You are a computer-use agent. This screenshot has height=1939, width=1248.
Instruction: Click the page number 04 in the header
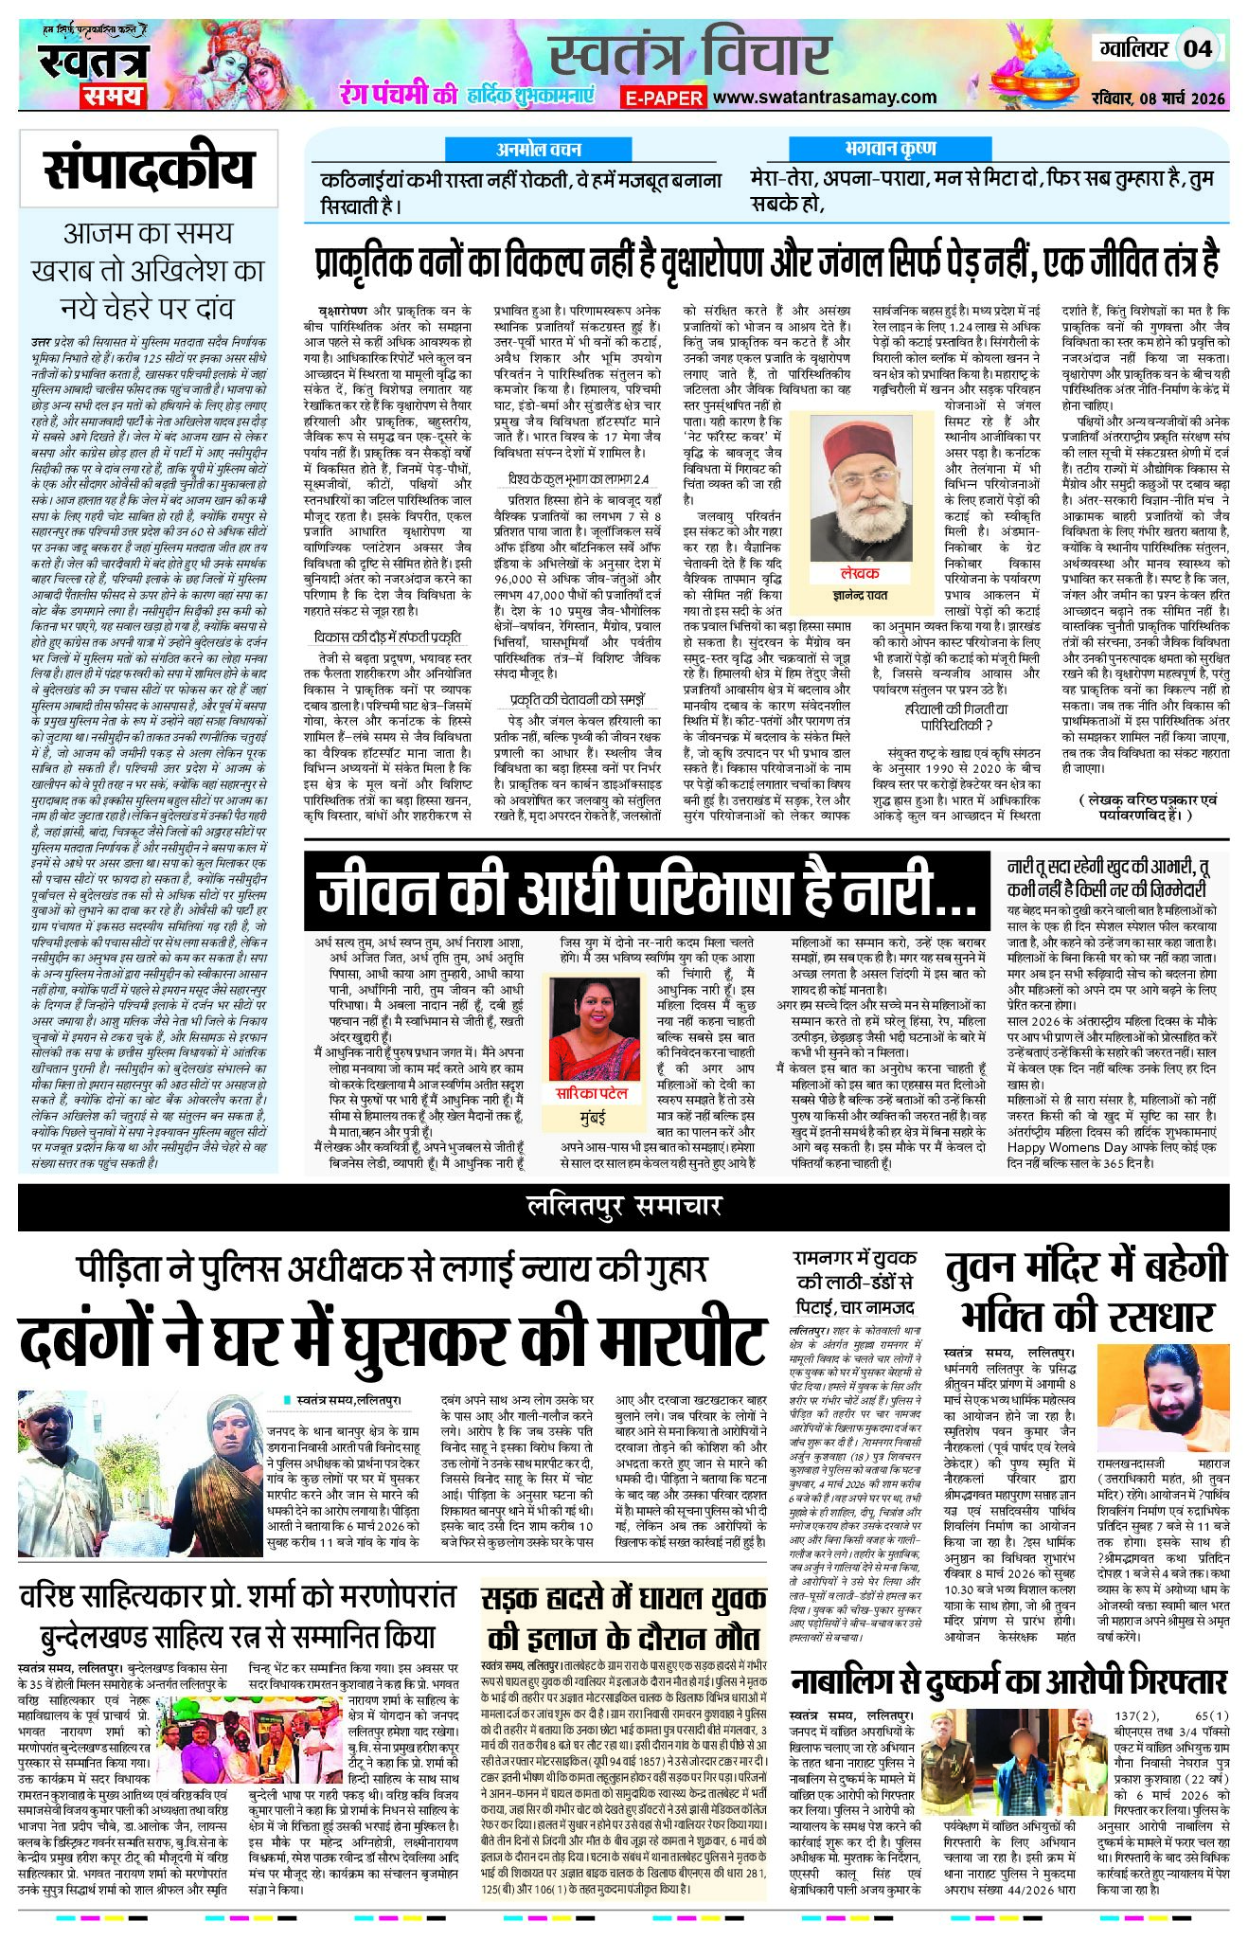pos(1197,48)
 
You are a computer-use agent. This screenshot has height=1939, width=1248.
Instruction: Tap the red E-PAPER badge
pos(664,98)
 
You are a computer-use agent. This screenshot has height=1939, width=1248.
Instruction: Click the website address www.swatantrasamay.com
pos(824,97)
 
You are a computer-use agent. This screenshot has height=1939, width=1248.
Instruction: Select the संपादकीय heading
pos(149,170)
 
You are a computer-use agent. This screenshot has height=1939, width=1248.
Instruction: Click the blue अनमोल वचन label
pos(539,150)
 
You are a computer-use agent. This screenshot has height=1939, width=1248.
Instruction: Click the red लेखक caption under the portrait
pos(859,573)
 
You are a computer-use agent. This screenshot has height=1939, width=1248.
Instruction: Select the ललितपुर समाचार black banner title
pos(624,1205)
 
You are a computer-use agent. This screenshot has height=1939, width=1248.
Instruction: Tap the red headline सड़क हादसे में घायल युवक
pos(624,1599)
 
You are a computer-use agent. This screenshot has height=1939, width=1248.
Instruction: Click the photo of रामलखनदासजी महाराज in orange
pos(1163,1401)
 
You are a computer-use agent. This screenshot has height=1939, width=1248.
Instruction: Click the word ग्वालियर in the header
pos(1133,48)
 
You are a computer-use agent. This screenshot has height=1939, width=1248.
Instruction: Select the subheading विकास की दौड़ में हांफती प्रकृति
pos(389,637)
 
